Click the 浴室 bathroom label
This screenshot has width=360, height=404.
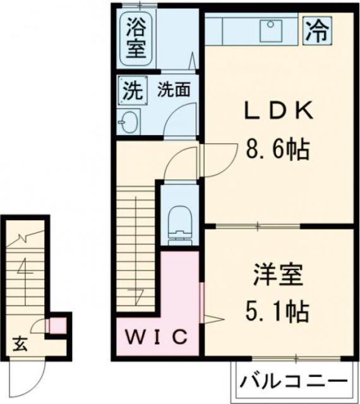point(135,39)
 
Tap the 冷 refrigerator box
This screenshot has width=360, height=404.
point(317,30)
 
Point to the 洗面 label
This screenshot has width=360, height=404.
point(174,90)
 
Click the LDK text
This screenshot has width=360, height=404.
point(277,110)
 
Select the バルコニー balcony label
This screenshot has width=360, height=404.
point(294,382)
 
